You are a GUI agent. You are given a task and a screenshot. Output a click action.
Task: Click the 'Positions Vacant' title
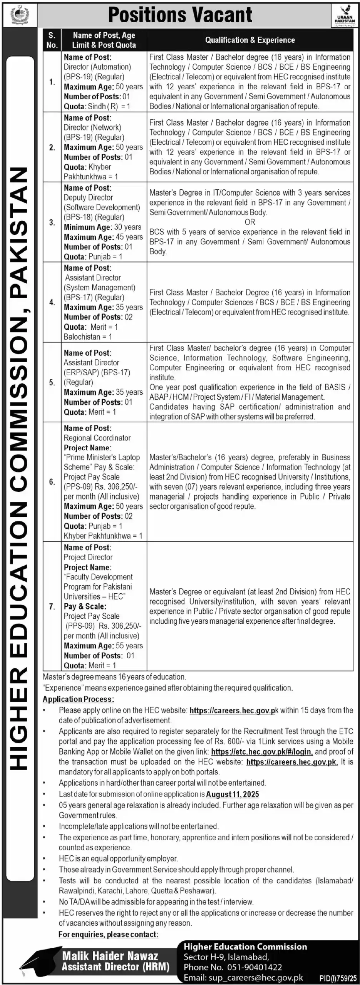180,15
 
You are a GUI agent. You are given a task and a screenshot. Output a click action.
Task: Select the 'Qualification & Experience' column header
250,40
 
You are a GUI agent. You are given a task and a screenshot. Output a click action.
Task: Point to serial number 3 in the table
52,223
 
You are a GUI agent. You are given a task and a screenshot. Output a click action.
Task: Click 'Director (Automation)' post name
97,67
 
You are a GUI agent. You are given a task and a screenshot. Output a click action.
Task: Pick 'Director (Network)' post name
92,127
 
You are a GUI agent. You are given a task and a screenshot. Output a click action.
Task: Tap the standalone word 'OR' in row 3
250,222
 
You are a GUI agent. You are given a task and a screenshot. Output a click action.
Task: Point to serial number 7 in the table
52,606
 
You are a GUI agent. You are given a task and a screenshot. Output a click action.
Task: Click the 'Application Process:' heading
78,700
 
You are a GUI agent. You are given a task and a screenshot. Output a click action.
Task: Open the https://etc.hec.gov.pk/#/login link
262,751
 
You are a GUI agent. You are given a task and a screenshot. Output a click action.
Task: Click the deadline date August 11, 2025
232,794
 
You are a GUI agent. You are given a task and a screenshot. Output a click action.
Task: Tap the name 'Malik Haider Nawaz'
110,956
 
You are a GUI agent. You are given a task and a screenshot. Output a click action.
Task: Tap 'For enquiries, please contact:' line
108,934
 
